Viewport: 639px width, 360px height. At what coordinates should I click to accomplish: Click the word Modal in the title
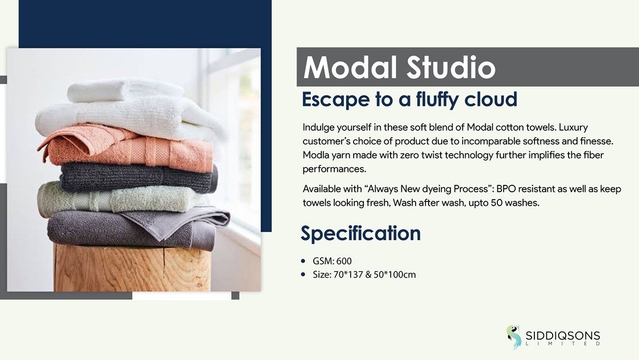(x=350, y=67)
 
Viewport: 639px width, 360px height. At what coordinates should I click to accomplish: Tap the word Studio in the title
(x=451, y=67)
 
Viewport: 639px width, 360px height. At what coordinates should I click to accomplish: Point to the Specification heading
(x=360, y=234)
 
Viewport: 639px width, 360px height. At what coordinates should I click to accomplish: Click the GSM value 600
(x=344, y=261)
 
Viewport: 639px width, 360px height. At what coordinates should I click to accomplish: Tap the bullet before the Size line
(x=303, y=274)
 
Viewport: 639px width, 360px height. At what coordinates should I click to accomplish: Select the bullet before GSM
(x=303, y=261)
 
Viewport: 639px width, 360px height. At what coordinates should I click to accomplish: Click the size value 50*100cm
(x=395, y=275)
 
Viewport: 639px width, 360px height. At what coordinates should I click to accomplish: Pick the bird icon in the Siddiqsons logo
(x=514, y=337)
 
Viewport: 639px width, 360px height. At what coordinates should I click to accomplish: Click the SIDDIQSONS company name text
(x=563, y=336)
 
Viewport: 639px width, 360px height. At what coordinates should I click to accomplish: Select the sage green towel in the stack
(x=118, y=198)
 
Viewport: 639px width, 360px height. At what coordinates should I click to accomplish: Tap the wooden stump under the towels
(x=132, y=268)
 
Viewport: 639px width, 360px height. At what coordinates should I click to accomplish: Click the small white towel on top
(x=125, y=90)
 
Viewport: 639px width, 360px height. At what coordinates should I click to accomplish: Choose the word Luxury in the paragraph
(x=573, y=127)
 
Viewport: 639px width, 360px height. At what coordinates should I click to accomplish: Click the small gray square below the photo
(x=235, y=296)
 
